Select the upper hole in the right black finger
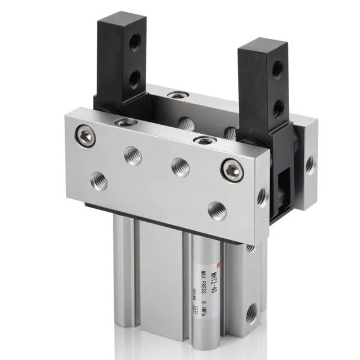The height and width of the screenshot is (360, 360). pos(277,70)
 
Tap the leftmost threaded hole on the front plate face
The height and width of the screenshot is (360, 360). pos(98,179)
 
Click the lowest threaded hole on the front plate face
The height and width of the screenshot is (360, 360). pos(217,211)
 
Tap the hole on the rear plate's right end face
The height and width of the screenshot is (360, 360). pos(310,163)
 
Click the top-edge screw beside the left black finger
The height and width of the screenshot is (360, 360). pos(123,122)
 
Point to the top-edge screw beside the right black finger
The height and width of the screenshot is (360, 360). pos(204,140)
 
